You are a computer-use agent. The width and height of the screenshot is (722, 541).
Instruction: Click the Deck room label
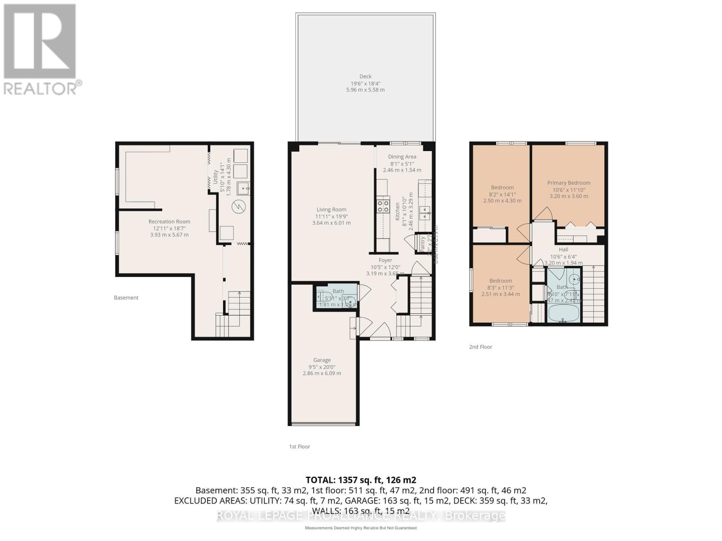click(366, 77)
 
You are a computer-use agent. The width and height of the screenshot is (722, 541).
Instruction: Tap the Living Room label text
click(331, 210)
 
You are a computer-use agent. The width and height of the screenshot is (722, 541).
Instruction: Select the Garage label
click(322, 360)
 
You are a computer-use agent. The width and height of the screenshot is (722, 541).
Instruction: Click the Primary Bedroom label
click(569, 183)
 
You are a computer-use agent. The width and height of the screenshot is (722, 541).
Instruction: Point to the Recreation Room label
click(169, 222)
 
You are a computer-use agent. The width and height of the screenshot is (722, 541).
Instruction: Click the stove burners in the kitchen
click(383, 206)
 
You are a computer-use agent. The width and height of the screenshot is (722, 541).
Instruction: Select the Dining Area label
click(402, 157)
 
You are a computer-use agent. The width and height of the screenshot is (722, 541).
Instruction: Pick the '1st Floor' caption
click(300, 447)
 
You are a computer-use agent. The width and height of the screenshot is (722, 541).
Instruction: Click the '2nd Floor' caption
click(480, 347)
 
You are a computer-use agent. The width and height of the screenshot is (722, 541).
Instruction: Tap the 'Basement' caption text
click(126, 298)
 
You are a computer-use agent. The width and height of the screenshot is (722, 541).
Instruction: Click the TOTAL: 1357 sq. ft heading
click(361, 480)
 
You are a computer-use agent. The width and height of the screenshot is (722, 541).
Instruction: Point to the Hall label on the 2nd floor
click(563, 250)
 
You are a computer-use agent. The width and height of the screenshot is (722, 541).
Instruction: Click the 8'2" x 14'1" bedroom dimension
click(502, 194)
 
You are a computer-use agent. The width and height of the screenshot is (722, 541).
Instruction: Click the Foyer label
click(385, 261)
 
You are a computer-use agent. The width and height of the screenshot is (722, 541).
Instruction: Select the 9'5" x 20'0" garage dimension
click(322, 367)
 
